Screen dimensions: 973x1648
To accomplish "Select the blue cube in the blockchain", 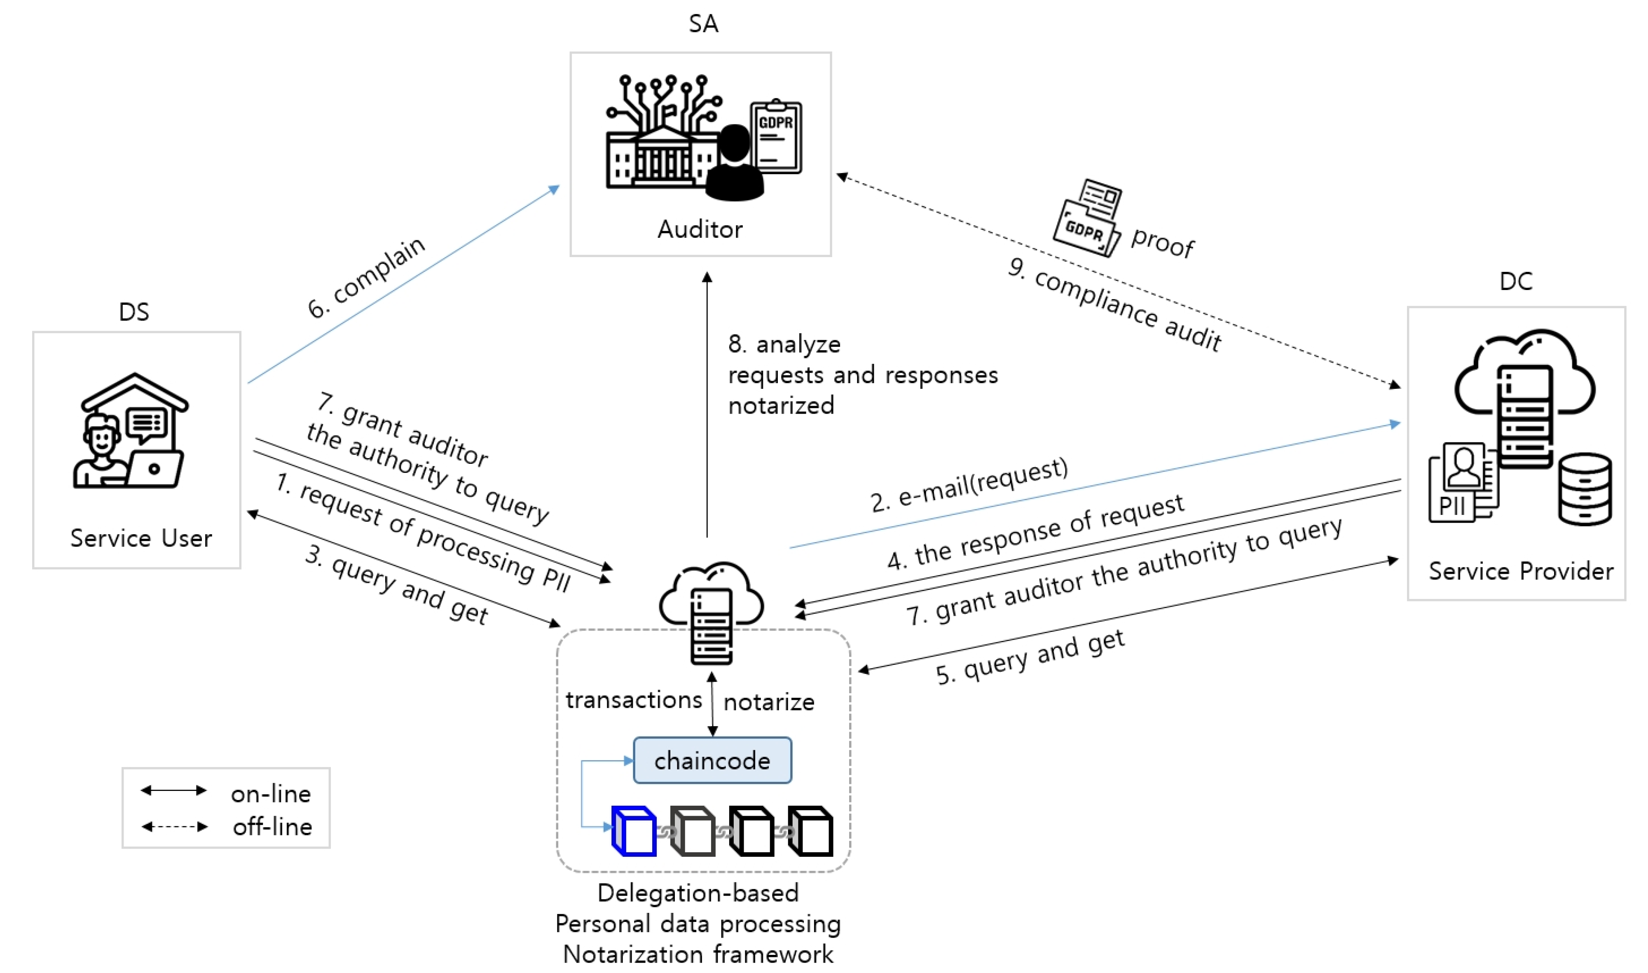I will point(634,831).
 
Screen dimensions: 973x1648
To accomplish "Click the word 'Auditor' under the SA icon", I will point(700,229).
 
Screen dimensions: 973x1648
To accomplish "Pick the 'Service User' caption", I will point(141,538).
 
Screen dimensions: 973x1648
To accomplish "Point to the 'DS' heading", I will point(134,312).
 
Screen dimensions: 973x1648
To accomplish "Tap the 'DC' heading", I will point(1515,282).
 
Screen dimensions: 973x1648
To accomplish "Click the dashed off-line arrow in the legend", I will point(174,827).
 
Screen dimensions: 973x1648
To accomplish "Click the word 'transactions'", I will point(634,700).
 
